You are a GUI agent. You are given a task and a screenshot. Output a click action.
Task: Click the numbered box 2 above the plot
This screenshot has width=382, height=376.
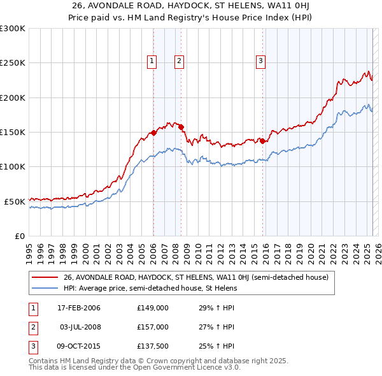pyautogui.click(x=180, y=61)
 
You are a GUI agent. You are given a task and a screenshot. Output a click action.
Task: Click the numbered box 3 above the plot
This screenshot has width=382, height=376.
pyautogui.click(x=261, y=61)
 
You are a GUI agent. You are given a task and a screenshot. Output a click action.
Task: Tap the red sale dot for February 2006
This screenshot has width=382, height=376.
pyautogui.click(x=153, y=133)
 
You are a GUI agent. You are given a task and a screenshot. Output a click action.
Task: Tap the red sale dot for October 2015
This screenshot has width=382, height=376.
pyautogui.click(x=262, y=141)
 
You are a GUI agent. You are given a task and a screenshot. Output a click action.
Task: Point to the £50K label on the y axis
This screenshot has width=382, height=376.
pyautogui.click(x=14, y=201)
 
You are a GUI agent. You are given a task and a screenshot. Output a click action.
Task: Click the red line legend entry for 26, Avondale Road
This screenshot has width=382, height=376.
pyautogui.click(x=195, y=277)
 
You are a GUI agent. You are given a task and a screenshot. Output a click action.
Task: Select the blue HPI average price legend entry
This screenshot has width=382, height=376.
pyautogui.click(x=150, y=288)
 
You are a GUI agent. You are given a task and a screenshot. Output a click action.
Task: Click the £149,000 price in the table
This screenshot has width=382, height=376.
pyautogui.click(x=153, y=308)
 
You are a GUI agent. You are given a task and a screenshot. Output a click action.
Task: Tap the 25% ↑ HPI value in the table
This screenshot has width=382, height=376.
pyautogui.click(x=216, y=346)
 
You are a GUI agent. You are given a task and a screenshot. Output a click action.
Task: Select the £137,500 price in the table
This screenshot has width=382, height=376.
pyautogui.click(x=153, y=346)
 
